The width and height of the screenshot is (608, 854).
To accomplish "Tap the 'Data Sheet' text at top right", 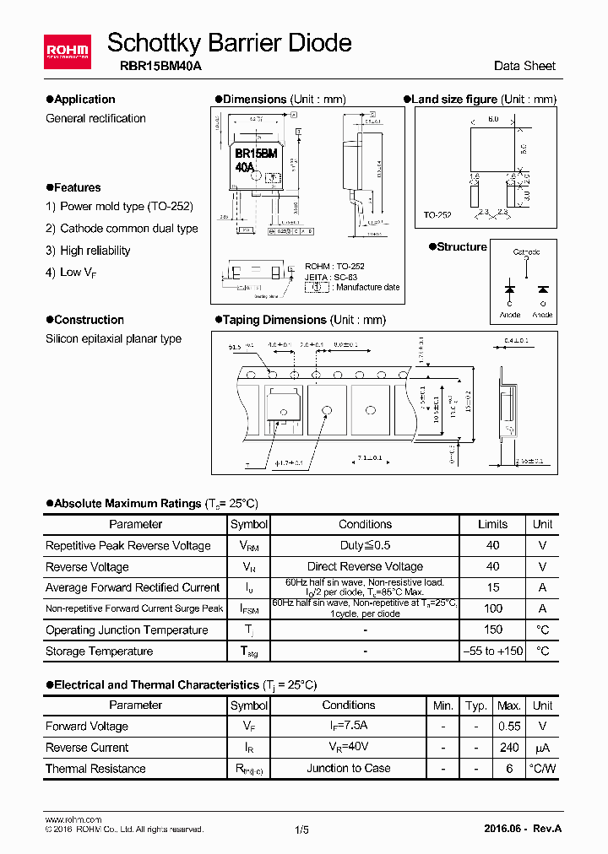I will pyautogui.click(x=525, y=66).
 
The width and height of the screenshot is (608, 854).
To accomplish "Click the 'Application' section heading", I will pyautogui.click(x=84, y=99).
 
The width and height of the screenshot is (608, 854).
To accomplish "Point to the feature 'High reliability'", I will pyautogui.click(x=95, y=251).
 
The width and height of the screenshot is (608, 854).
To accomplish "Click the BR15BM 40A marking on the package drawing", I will pyautogui.click(x=255, y=160).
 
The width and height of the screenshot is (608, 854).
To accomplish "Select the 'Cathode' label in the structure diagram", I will pyautogui.click(x=527, y=252).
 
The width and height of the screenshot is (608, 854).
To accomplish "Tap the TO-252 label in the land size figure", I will pyautogui.click(x=437, y=215).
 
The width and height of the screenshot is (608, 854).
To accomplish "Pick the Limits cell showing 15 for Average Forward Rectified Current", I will pyautogui.click(x=493, y=587).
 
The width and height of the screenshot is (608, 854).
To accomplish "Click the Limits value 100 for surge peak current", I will pyautogui.click(x=493, y=608).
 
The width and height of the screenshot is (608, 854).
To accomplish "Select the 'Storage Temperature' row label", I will pyautogui.click(x=99, y=651).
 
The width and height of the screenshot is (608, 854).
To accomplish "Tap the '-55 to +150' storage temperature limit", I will pyautogui.click(x=493, y=651).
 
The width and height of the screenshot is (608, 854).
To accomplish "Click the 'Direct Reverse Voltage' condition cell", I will pyautogui.click(x=365, y=567).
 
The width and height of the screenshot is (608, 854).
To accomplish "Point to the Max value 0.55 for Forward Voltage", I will pyautogui.click(x=508, y=727).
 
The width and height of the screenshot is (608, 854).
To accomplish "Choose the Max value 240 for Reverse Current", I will pyautogui.click(x=508, y=748).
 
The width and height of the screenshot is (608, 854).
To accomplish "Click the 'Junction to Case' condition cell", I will pyautogui.click(x=348, y=769).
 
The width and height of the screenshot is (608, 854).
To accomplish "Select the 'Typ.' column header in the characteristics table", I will pyautogui.click(x=476, y=705).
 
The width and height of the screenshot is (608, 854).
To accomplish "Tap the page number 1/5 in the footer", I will pyautogui.click(x=302, y=830).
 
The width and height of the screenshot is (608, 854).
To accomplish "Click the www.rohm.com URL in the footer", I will pyautogui.click(x=73, y=819).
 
